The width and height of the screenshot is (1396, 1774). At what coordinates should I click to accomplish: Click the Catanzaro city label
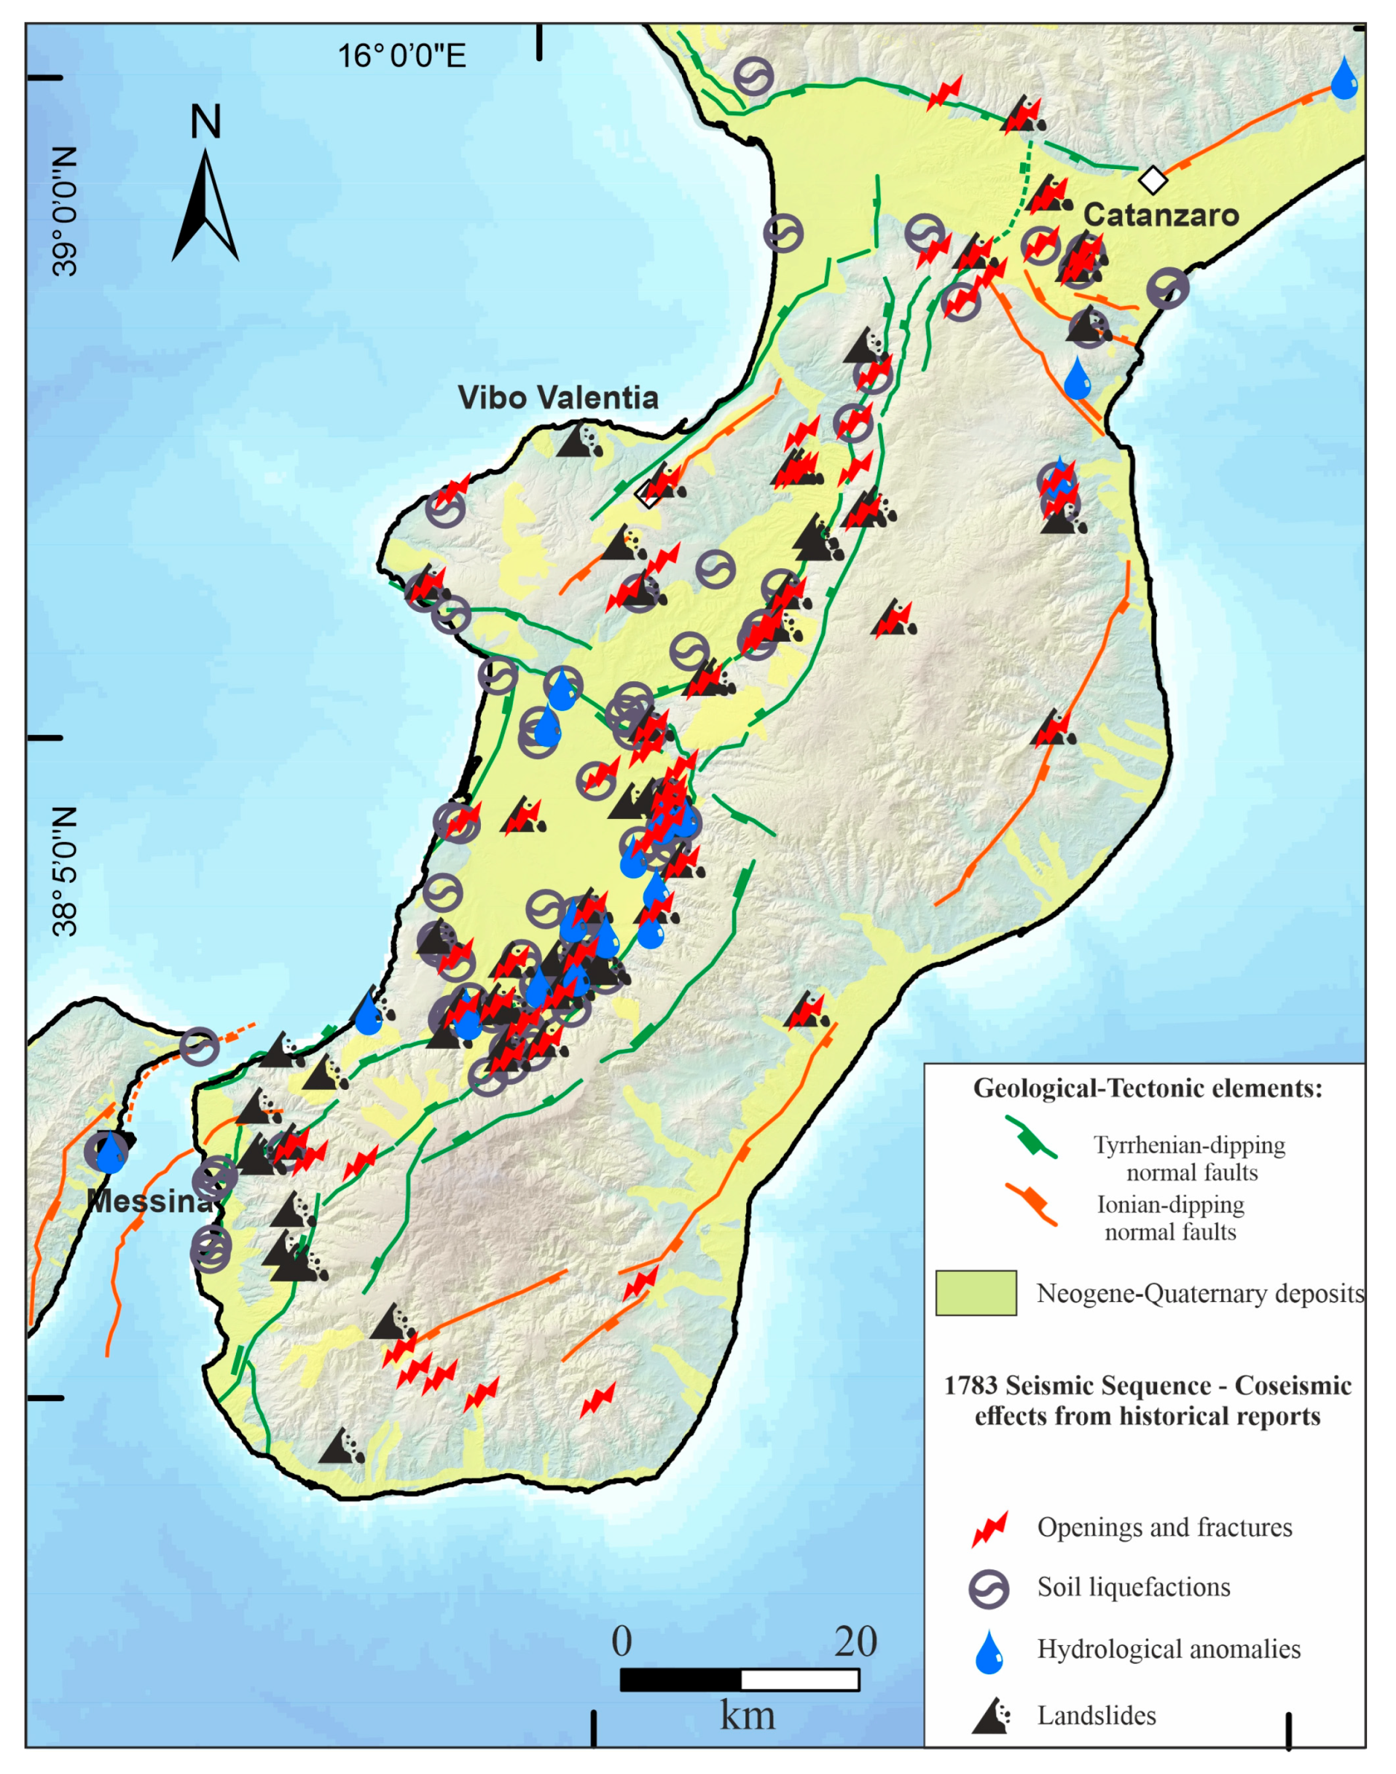(1161, 215)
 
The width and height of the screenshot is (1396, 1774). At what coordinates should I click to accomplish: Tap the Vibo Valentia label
(558, 398)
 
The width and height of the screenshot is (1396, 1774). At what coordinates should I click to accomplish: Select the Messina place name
(149, 1201)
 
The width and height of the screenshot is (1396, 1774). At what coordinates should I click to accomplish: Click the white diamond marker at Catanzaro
(1153, 179)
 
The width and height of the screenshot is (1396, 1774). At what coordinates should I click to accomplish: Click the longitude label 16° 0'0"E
(401, 56)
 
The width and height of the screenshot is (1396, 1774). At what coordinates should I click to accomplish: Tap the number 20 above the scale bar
(855, 1641)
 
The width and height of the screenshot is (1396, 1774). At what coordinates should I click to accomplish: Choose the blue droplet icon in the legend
(989, 1652)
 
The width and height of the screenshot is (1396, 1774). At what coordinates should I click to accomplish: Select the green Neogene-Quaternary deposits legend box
(976, 1292)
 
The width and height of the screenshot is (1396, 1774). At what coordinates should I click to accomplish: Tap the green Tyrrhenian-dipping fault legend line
(1032, 1137)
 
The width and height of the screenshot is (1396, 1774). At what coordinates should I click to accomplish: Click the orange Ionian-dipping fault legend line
(1032, 1203)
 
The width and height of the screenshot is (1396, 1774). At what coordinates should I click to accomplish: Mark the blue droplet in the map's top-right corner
(1344, 79)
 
